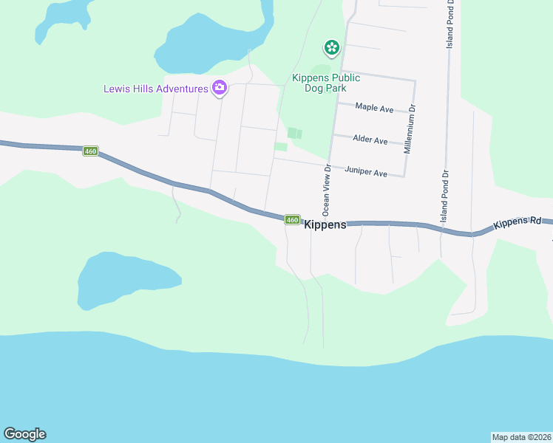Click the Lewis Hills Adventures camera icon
(219, 88)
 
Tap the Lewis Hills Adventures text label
(155, 89)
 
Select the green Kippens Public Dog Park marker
(331, 49)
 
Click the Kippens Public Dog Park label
(325, 83)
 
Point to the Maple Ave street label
(374, 108)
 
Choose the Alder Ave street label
(370, 140)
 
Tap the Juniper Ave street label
(366, 173)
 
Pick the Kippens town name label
(325, 225)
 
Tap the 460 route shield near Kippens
(293, 219)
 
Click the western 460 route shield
(90, 151)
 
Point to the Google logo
(24, 434)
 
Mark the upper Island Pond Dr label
(449, 26)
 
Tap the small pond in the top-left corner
(63, 18)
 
